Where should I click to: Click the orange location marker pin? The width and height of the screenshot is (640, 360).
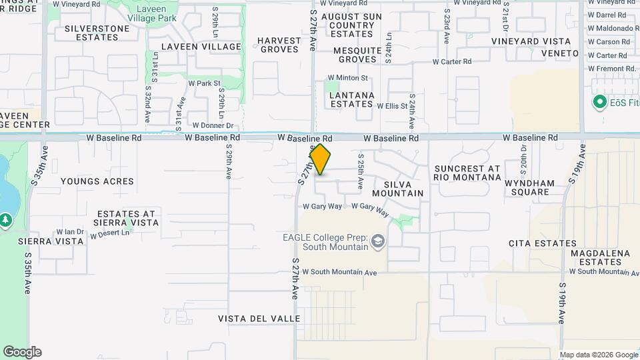(x=321, y=159)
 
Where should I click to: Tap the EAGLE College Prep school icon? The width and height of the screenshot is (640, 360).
(x=378, y=241)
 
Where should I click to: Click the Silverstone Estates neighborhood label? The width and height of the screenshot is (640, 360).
(x=92, y=33)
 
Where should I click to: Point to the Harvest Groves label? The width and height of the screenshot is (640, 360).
(x=280, y=45)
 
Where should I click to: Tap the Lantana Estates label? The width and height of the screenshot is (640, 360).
(x=352, y=100)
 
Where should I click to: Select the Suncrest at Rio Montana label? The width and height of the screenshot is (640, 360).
(x=467, y=173)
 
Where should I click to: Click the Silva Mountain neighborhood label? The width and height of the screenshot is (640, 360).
(x=398, y=188)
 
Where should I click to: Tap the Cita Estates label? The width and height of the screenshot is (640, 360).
(x=537, y=244)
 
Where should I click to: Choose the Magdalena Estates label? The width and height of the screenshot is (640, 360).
(x=605, y=257)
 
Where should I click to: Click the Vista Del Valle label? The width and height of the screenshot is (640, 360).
(x=259, y=319)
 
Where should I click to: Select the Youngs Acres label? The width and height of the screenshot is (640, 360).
(x=97, y=181)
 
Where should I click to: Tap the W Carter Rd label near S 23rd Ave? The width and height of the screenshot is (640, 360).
(x=452, y=61)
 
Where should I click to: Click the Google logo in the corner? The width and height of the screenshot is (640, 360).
(x=22, y=351)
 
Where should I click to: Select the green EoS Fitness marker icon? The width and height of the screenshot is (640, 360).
(x=599, y=103)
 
